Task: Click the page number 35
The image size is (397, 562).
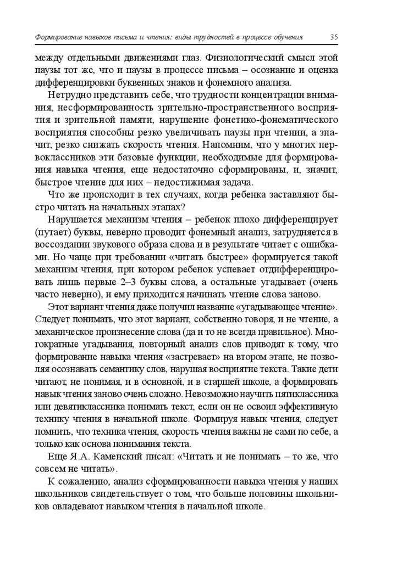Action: click(x=334, y=37)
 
